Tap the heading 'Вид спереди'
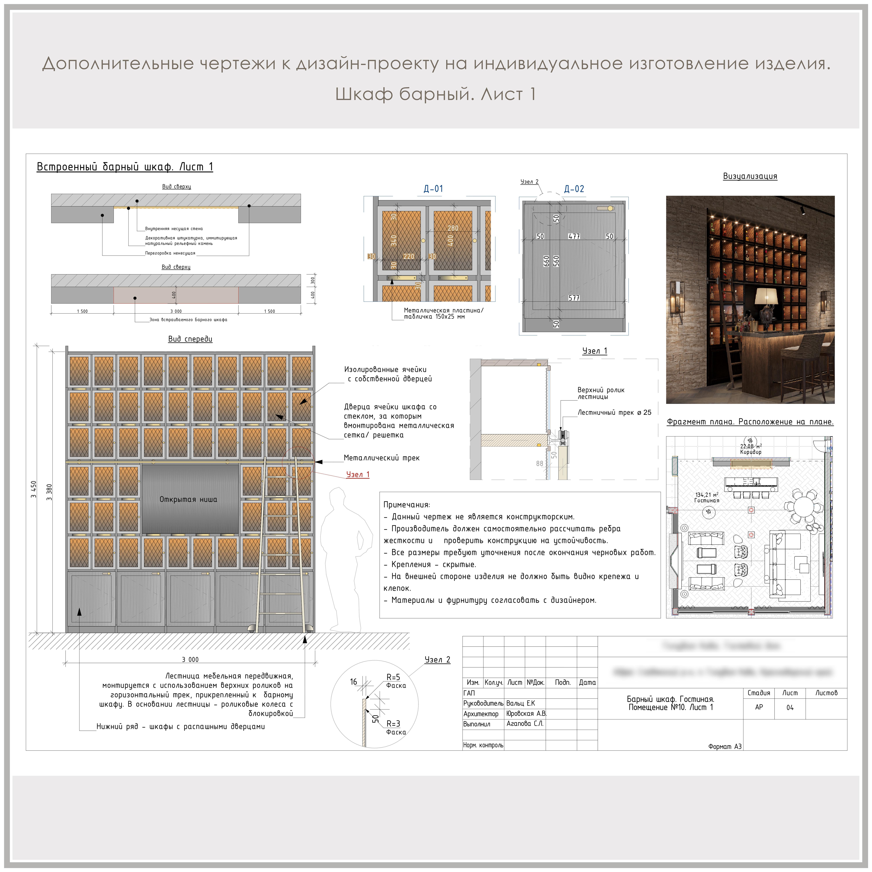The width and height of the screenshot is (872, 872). click(190, 339)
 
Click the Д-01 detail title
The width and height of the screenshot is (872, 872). click(433, 189)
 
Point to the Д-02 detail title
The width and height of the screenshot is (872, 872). click(574, 189)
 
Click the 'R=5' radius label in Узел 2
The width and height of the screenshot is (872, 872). click(393, 677)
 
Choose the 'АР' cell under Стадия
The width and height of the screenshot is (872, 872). click(759, 707)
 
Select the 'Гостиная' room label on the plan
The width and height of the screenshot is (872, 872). click(706, 501)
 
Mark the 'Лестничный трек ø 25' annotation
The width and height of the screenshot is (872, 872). click(614, 413)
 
